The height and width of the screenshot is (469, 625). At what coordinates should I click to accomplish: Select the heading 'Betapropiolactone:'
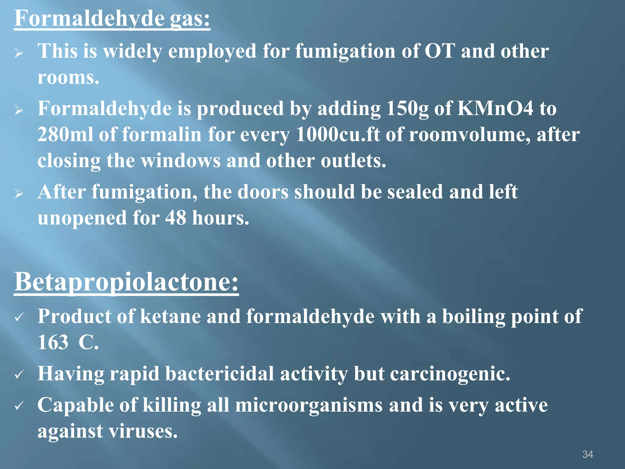[126, 282]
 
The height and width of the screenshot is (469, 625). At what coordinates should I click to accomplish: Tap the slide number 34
[587, 454]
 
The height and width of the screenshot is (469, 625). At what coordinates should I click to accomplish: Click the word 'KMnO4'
[495, 108]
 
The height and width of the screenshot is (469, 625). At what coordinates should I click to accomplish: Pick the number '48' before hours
[175, 218]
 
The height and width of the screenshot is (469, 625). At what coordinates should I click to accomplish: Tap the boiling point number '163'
[53, 342]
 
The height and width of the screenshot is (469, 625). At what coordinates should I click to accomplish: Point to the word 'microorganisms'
[309, 405]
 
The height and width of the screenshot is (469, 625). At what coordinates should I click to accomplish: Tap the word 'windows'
[181, 161]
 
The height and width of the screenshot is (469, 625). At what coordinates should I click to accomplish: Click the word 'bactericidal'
[219, 374]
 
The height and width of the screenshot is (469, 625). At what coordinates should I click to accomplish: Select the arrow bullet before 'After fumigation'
[19, 193]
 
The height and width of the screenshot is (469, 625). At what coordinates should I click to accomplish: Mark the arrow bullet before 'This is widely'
[19, 53]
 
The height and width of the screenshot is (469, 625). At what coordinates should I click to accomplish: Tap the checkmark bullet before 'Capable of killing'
[19, 406]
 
